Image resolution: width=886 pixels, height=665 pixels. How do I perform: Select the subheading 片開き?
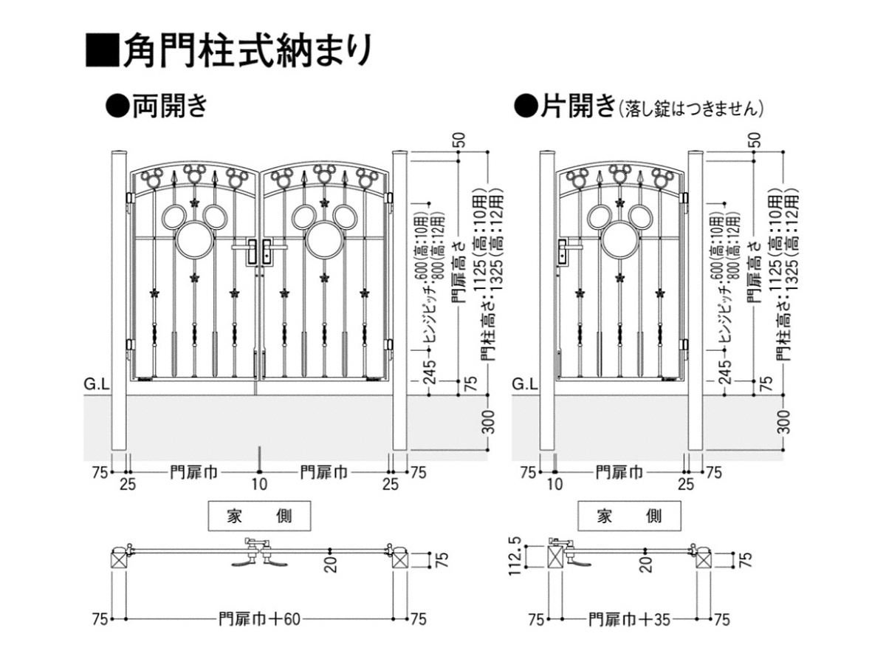click(566, 106)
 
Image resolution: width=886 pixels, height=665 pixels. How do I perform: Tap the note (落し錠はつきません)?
click(691, 109)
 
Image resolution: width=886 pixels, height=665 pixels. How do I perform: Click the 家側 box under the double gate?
click(259, 515)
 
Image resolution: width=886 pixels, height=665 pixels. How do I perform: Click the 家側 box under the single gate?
click(629, 515)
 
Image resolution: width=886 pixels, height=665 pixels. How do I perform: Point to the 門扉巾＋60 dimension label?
click(259, 618)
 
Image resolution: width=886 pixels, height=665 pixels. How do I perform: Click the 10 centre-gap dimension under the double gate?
click(259, 485)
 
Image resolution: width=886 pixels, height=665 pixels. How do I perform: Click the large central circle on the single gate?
click(619, 239)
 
